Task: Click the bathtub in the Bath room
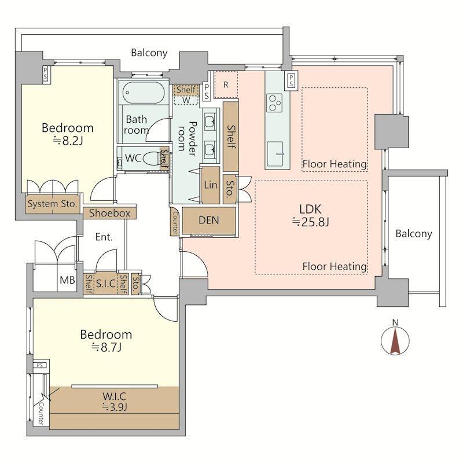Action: point(143,93)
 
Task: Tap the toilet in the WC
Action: point(152,159)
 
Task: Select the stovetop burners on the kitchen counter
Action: point(274,102)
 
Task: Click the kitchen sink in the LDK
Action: point(275,154)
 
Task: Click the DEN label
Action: point(209,221)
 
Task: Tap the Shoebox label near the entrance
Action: point(109,213)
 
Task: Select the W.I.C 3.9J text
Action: point(115,402)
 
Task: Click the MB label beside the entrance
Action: point(67,280)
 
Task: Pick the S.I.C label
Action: point(106,284)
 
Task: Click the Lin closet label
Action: point(211,185)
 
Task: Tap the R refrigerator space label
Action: point(226,84)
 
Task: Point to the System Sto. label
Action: point(52,204)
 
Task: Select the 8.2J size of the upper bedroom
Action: point(68,141)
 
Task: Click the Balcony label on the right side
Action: point(414,234)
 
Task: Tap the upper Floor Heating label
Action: point(335,164)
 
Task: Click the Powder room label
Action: point(187,138)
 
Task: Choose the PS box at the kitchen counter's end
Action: point(291,80)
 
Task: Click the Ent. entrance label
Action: point(104,237)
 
